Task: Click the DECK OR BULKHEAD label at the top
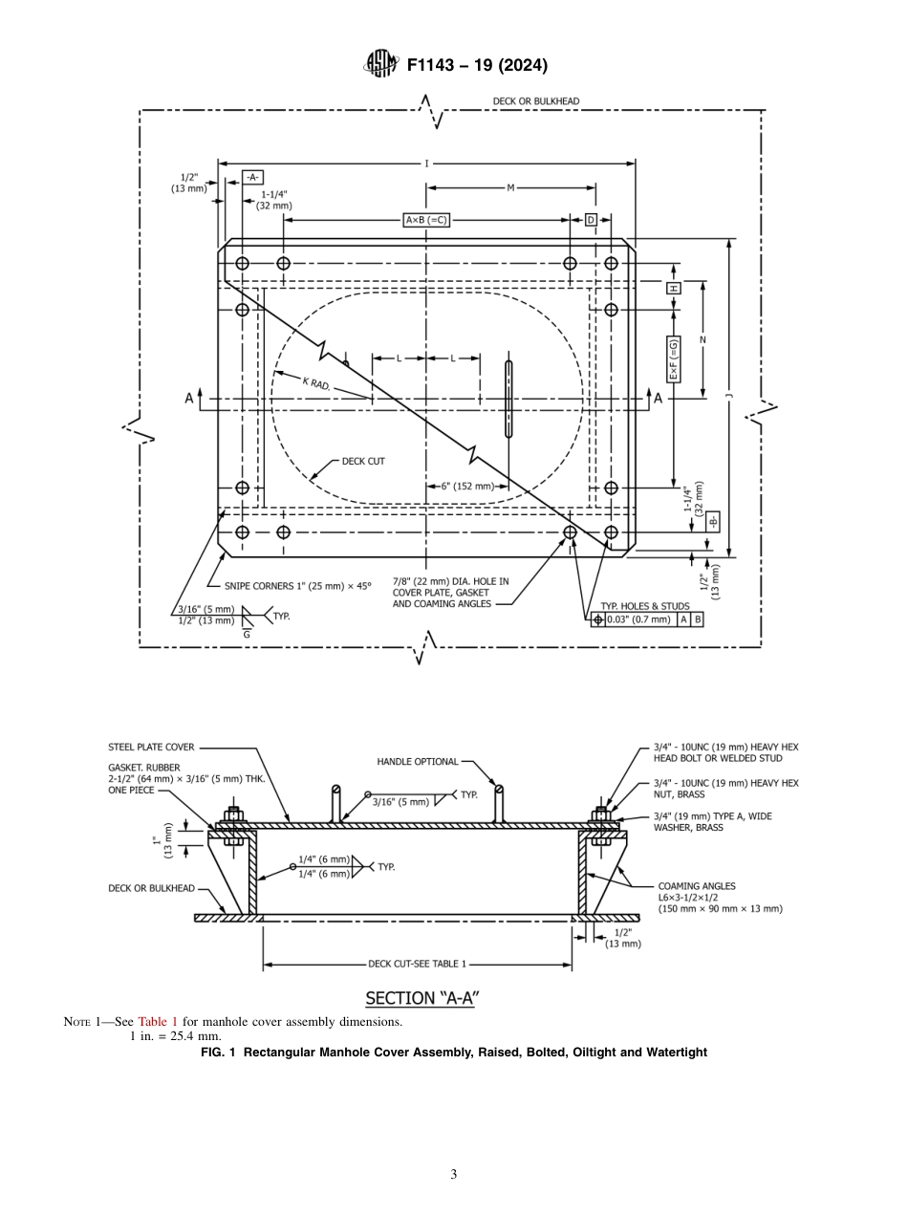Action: click(535, 101)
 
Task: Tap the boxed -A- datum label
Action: click(252, 177)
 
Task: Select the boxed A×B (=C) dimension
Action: click(426, 220)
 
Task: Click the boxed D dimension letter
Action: click(591, 220)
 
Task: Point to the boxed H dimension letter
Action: click(674, 288)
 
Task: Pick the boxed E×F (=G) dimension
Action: click(674, 359)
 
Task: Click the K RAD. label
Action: click(316, 383)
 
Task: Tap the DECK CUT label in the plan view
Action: click(363, 461)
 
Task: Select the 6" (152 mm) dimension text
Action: click(467, 486)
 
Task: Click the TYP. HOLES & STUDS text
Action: click(644, 606)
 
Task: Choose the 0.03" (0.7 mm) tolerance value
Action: click(638, 619)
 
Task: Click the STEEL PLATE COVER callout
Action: click(151, 748)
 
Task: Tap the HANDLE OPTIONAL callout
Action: click(418, 762)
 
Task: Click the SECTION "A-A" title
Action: click(422, 998)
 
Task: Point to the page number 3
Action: click(454, 1174)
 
